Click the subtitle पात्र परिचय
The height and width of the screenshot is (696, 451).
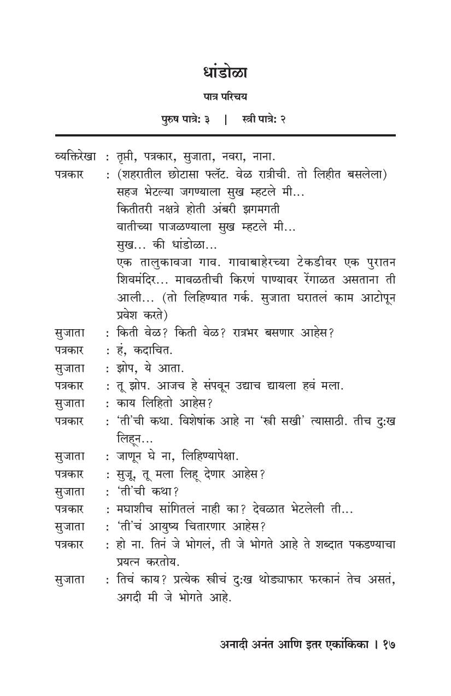tap(225, 97)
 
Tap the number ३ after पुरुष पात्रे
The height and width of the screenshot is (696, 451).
tap(208, 119)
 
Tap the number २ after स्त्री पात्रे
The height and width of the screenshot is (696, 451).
tap(284, 119)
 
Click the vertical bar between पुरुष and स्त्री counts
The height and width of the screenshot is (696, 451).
tap(225, 119)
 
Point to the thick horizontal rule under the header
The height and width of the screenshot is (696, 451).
tap(225, 135)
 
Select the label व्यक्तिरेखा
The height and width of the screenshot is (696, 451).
tap(76, 157)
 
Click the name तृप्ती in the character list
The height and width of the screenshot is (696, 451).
tap(128, 157)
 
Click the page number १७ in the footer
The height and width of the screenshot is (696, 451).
tap(388, 645)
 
